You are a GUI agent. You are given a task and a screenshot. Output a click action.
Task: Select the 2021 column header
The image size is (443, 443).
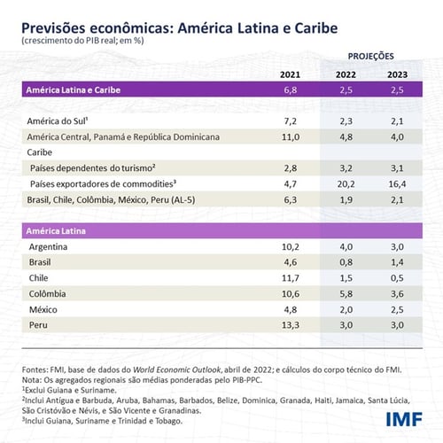(294, 74)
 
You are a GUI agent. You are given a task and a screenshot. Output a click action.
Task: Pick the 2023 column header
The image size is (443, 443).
(400, 74)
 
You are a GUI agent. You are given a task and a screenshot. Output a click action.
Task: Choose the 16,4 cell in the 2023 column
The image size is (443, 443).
(399, 183)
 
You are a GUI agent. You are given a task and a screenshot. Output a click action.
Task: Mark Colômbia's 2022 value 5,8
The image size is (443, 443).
(347, 293)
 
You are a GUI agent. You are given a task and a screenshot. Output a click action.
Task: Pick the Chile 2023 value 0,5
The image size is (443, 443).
(399, 277)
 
